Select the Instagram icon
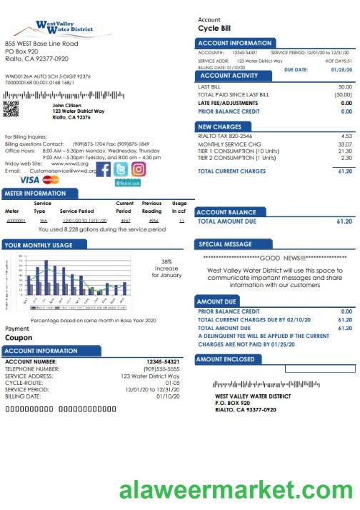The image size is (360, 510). coord(139,169)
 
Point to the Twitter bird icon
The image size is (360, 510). coord(121,169)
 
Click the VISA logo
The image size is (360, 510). coord(29,180)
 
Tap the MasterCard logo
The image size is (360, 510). coord(51,180)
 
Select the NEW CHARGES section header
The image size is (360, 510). coord(219,126)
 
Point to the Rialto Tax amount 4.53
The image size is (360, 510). coord(346,136)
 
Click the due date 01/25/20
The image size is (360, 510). coord(340,70)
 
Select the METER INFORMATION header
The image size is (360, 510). coord(35,194)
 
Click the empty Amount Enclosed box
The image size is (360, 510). coord(319,369)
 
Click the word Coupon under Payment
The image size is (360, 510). coord(19,337)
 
